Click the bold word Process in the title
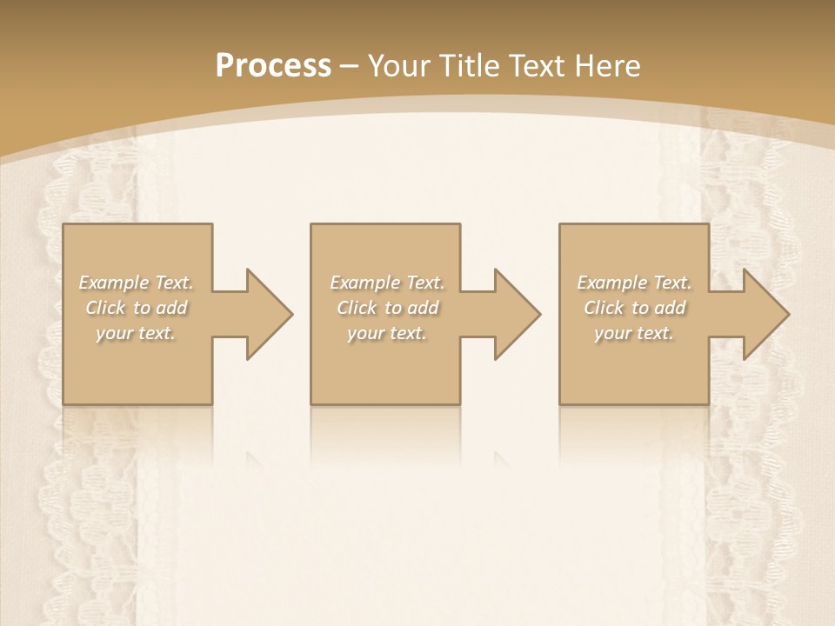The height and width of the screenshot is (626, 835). (x=273, y=66)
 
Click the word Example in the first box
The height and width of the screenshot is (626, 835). (x=113, y=283)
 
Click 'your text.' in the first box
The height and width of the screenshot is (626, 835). (x=136, y=333)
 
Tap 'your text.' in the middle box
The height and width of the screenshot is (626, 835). (x=387, y=333)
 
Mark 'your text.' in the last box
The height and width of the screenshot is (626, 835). (x=634, y=333)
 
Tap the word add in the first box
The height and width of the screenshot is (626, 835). (x=172, y=308)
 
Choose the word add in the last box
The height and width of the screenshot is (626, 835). (x=671, y=308)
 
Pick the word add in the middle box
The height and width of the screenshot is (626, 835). (x=424, y=308)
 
